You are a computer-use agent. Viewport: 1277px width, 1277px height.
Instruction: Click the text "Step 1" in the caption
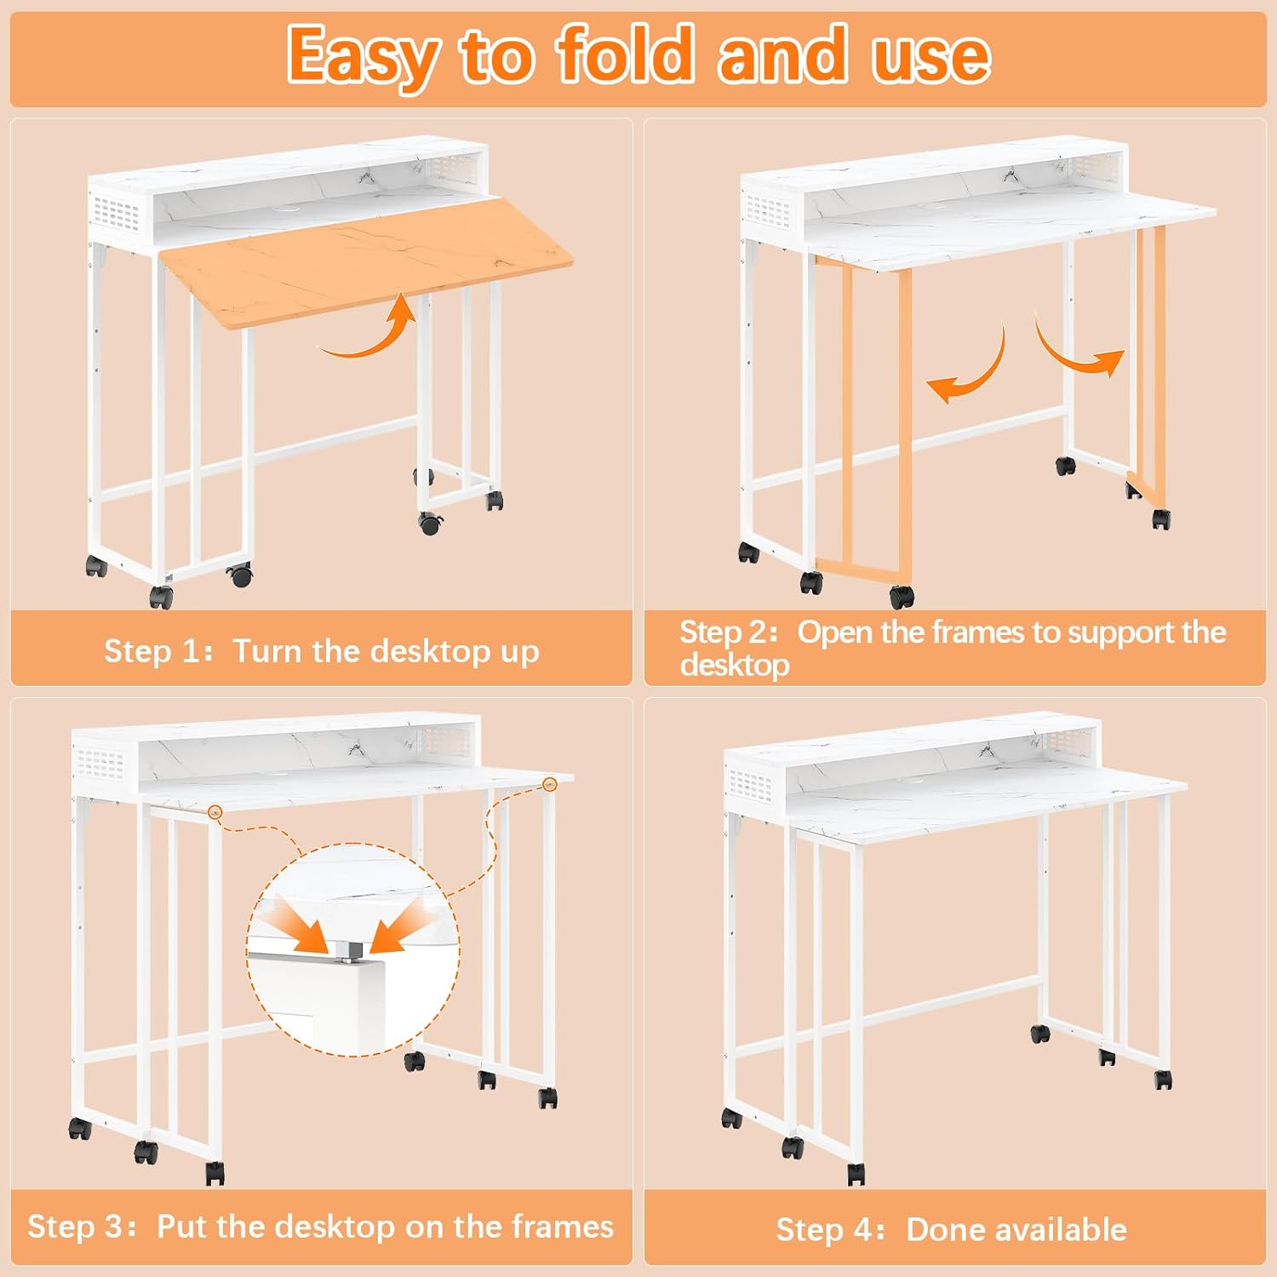point(152,651)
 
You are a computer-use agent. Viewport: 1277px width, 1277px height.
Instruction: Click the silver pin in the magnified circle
point(348,950)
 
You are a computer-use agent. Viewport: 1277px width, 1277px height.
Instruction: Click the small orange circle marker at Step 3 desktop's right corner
point(550,784)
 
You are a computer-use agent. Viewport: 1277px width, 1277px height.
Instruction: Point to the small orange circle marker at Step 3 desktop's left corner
point(215,813)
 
